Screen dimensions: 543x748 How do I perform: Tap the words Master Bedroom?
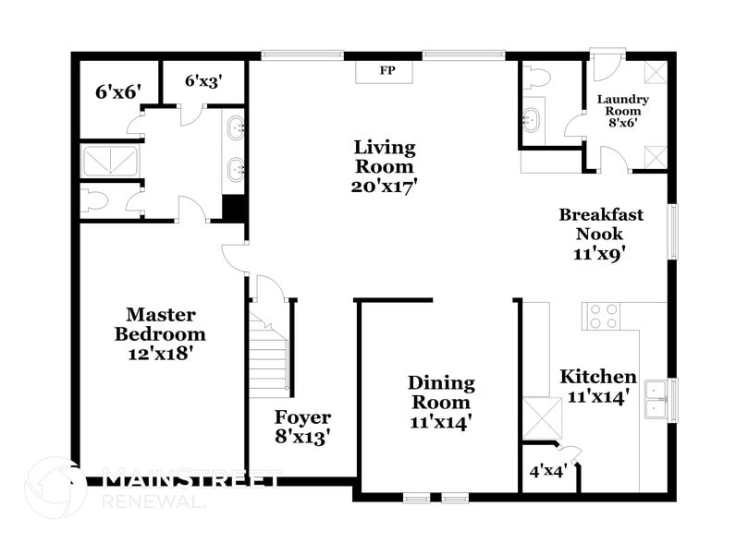[x=160, y=323]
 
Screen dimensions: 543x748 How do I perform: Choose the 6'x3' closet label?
[x=202, y=81]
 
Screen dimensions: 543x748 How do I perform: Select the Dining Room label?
[x=441, y=392]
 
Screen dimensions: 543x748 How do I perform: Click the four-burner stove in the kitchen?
[x=604, y=317]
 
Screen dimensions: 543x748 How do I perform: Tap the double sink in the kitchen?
[x=657, y=399]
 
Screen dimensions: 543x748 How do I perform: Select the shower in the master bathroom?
[x=110, y=161]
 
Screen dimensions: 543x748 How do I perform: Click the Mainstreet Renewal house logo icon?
[x=55, y=488]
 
